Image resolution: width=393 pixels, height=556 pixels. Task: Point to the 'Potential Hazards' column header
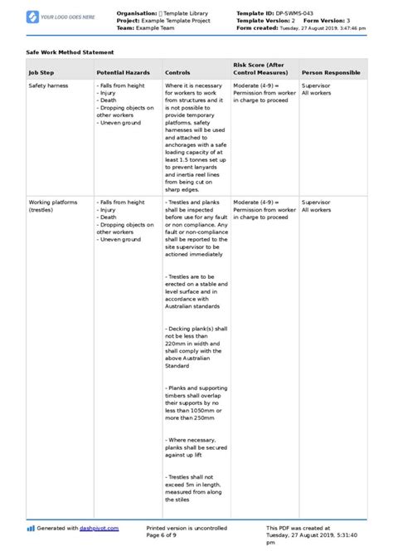coord(124,73)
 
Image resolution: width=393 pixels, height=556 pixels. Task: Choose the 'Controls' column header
coord(177,73)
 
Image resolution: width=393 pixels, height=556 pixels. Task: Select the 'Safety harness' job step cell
coord(49,85)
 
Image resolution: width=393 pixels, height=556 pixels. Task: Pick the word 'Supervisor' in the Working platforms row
coord(316,202)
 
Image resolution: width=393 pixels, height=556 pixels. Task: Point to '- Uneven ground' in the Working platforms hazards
coord(122,239)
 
